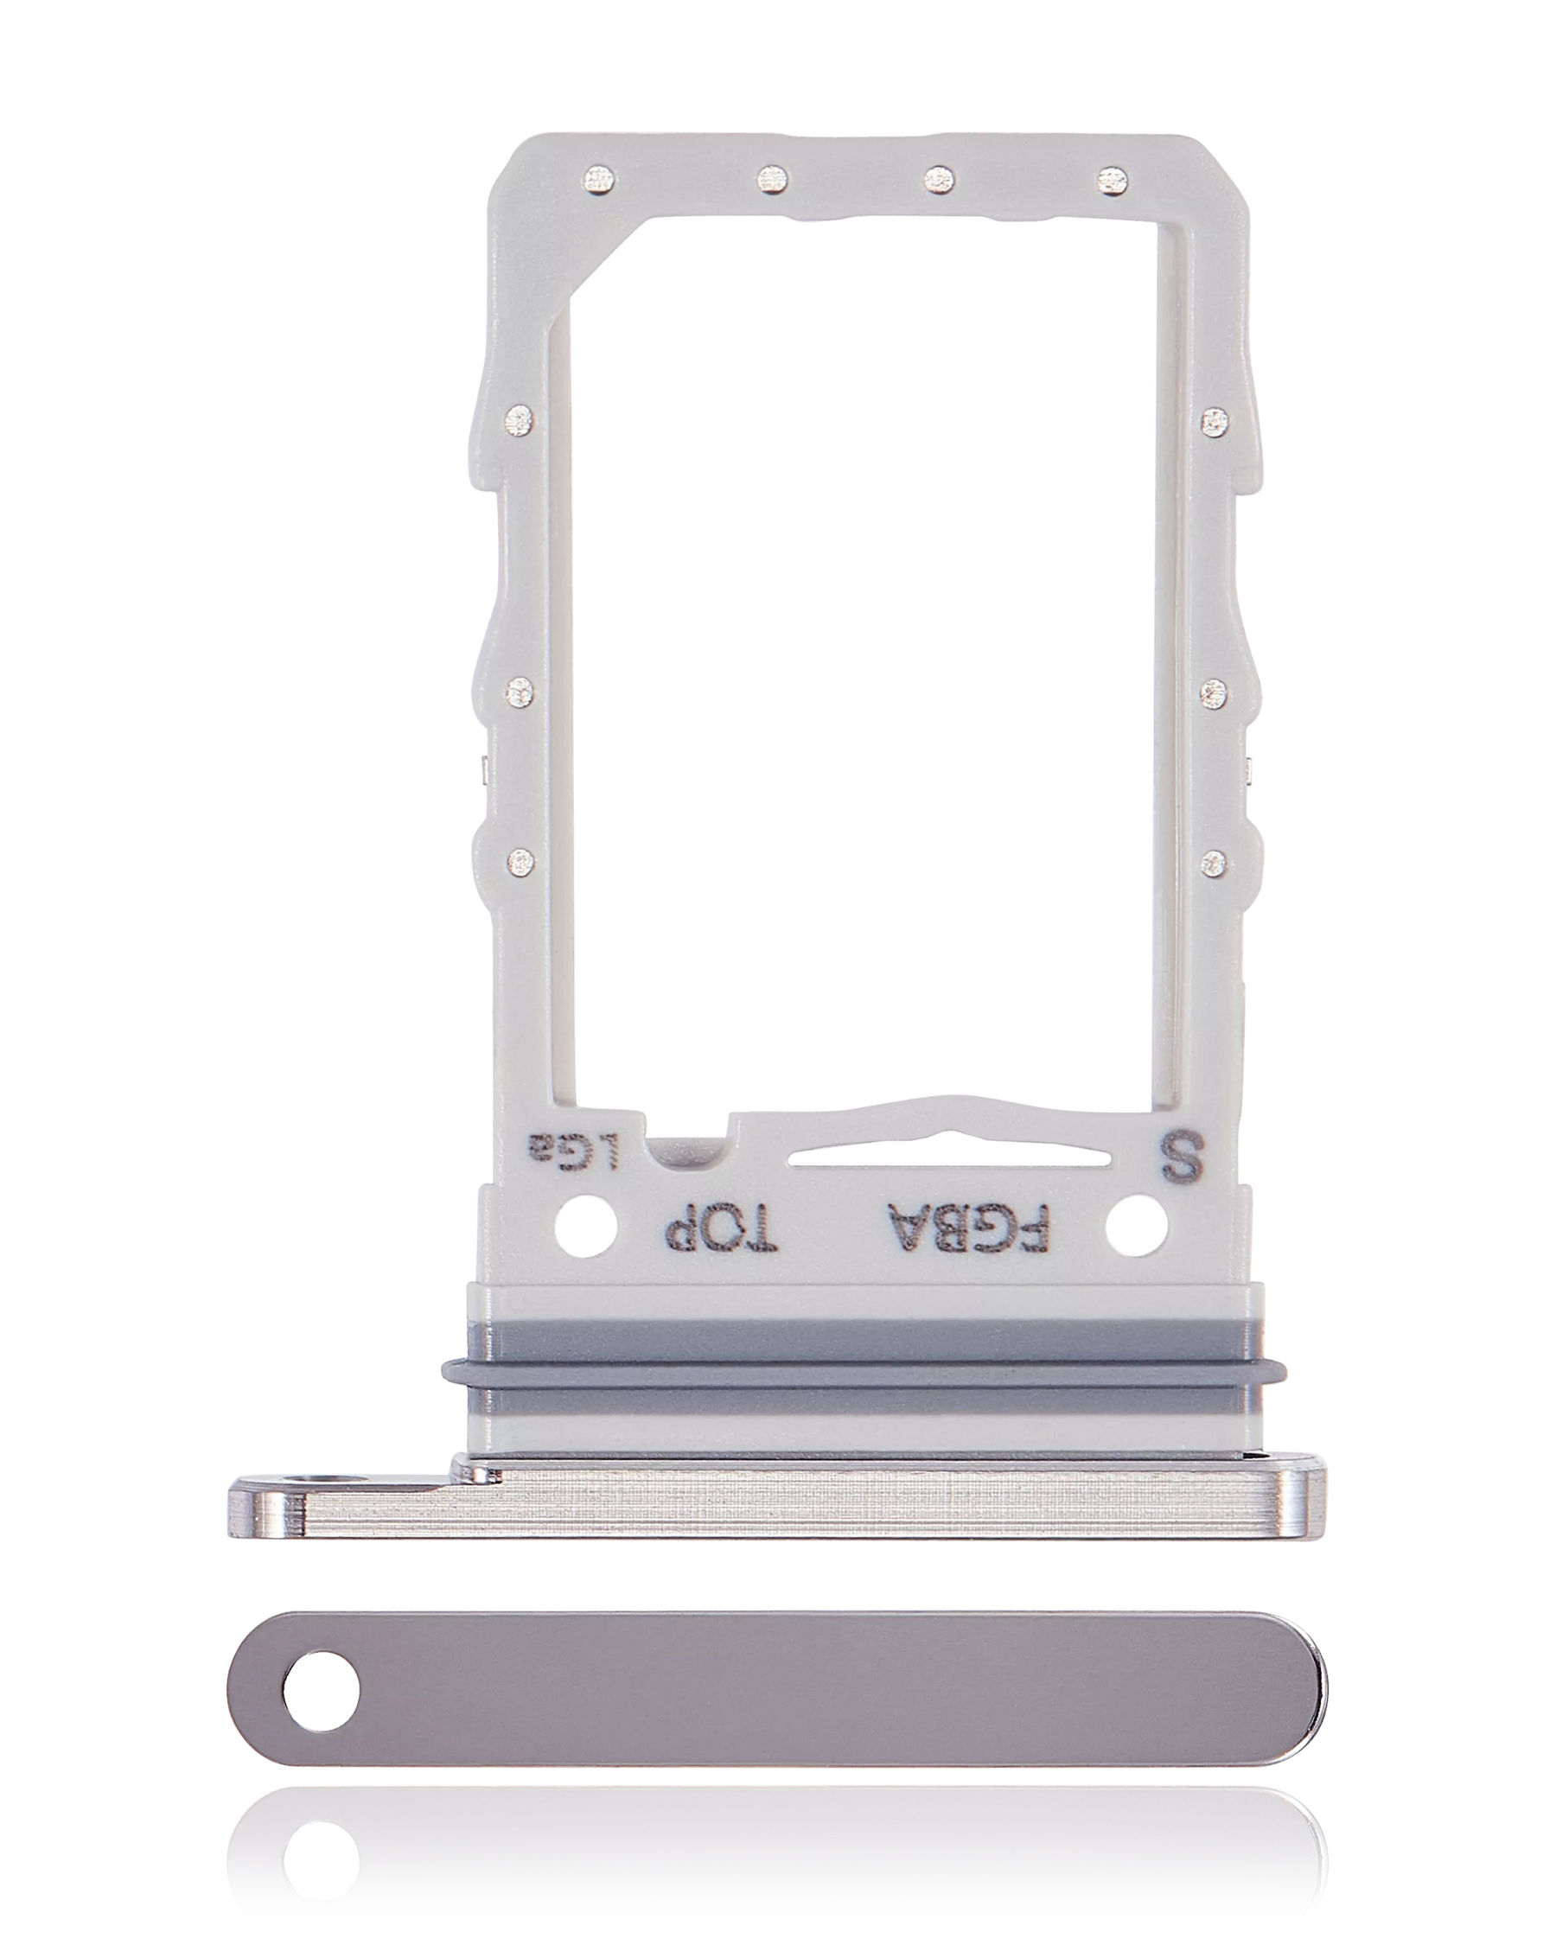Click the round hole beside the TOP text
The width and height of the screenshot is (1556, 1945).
click(587, 1227)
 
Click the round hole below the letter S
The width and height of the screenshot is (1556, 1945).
click(1136, 1227)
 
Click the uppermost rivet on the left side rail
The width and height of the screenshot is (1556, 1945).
click(519, 419)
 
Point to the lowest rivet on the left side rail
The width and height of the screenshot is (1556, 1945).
click(520, 862)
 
